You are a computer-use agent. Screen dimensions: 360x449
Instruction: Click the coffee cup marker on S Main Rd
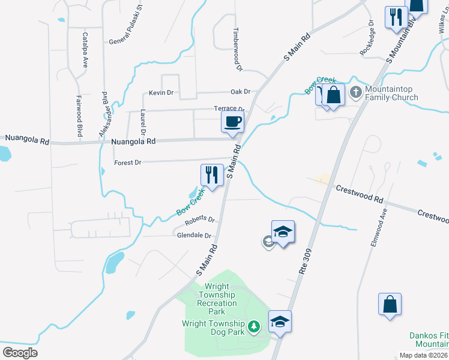click(232, 122)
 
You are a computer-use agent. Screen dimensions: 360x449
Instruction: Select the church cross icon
click(355, 92)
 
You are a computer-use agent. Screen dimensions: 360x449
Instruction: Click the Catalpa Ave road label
click(85, 49)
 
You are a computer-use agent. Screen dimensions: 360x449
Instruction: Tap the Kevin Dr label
click(161, 93)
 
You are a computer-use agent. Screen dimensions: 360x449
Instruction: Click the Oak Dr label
click(240, 92)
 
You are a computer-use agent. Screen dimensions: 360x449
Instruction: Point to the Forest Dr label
click(127, 163)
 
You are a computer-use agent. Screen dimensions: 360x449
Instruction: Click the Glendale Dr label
click(194, 236)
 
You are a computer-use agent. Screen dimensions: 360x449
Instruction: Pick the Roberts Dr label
click(199, 221)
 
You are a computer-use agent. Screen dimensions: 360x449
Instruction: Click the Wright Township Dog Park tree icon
click(255, 325)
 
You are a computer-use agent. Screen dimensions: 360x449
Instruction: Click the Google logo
click(20, 353)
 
